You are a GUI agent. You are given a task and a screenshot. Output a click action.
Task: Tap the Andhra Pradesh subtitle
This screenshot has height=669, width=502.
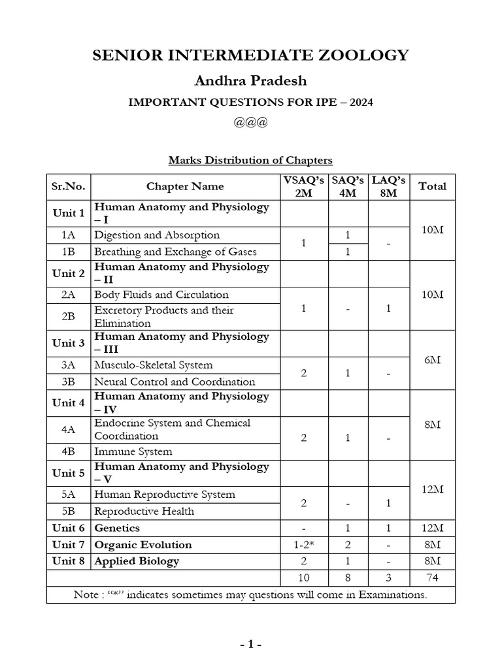251,81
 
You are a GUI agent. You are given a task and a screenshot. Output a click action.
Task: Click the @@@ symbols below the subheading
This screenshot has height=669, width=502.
251,123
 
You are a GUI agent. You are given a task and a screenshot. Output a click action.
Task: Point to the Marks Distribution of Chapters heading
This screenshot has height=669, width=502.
251,160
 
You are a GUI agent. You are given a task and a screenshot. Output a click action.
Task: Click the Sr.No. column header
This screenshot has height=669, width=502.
69,186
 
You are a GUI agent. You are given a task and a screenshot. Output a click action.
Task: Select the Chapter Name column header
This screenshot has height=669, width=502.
185,186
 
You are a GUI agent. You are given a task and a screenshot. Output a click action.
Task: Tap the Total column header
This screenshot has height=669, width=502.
432,186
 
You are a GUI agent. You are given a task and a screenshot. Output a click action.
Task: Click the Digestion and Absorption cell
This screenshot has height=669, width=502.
157,235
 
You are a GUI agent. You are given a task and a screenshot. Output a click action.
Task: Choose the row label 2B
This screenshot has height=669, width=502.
69,316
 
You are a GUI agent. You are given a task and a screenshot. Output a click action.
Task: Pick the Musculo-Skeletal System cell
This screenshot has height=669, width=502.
154,365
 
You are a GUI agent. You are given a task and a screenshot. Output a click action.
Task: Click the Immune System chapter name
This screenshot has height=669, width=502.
133,451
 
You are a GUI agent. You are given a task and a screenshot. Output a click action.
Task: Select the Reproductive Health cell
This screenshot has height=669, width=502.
144,511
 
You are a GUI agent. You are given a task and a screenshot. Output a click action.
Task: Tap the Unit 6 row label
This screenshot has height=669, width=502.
69,528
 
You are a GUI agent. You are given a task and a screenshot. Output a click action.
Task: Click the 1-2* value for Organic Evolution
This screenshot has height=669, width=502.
303,545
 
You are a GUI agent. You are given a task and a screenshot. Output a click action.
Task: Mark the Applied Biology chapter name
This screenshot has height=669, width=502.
137,561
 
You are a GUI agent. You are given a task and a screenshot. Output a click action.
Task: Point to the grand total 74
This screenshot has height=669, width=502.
432,578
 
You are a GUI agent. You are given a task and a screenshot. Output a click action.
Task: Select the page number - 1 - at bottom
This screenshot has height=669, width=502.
250,645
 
